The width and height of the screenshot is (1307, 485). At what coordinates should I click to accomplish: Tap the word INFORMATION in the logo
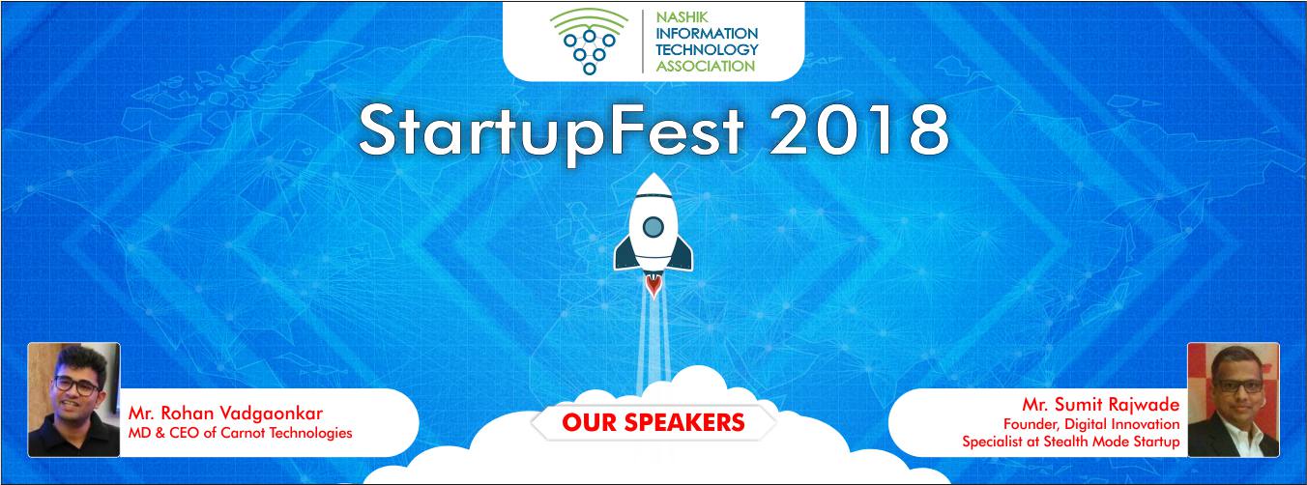click(707, 33)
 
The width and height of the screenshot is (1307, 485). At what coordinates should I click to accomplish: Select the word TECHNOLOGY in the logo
click(707, 49)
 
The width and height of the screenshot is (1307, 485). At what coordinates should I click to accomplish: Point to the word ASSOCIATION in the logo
click(706, 66)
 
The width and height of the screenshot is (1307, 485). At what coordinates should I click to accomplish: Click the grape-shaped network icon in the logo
click(590, 42)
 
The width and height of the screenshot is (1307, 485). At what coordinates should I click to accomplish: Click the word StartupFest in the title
click(551, 131)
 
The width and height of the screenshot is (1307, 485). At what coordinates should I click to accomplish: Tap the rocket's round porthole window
click(653, 226)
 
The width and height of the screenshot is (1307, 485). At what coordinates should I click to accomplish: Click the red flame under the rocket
click(653, 286)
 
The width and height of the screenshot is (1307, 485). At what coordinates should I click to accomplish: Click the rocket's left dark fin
click(624, 252)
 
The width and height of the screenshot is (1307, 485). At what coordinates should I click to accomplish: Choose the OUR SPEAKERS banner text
click(653, 422)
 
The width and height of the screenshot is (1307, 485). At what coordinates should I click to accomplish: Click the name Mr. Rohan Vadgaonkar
click(225, 414)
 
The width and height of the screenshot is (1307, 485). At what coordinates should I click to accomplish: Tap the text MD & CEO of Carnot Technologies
click(241, 433)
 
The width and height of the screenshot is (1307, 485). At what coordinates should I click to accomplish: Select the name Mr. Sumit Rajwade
click(1100, 405)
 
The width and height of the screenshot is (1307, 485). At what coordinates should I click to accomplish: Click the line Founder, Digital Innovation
click(1091, 424)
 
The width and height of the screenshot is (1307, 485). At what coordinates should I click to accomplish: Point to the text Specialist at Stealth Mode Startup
click(1071, 442)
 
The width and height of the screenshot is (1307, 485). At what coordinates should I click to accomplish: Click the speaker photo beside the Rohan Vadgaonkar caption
click(74, 400)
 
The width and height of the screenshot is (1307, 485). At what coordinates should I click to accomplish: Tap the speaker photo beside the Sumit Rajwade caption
click(1233, 400)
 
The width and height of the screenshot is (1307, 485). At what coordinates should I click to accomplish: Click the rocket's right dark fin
click(683, 252)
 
